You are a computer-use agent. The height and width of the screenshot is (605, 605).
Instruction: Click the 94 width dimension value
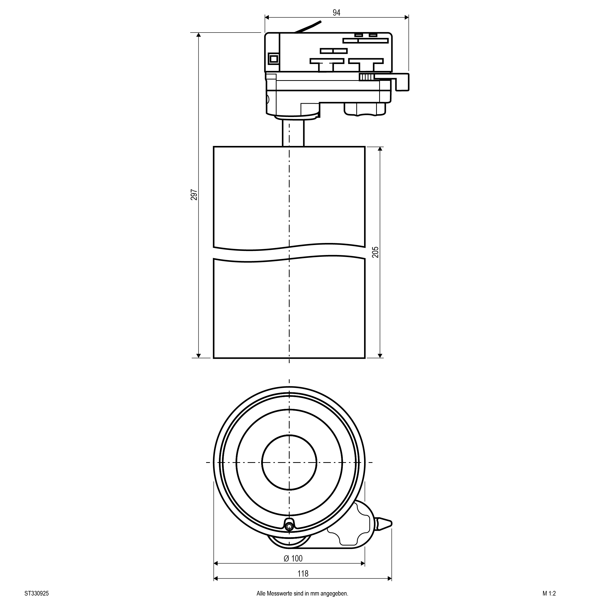[x=336, y=13]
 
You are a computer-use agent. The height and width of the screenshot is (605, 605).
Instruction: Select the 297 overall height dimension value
[x=194, y=195]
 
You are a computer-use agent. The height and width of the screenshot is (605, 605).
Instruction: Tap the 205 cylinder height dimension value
[x=375, y=252]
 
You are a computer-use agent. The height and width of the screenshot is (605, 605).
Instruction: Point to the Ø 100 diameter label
[x=293, y=558]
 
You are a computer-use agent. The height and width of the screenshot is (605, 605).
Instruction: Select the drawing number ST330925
[x=37, y=593]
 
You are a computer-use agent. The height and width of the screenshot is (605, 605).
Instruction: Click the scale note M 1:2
[x=549, y=593]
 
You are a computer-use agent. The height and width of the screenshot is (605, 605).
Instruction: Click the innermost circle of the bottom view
[x=289, y=462]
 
